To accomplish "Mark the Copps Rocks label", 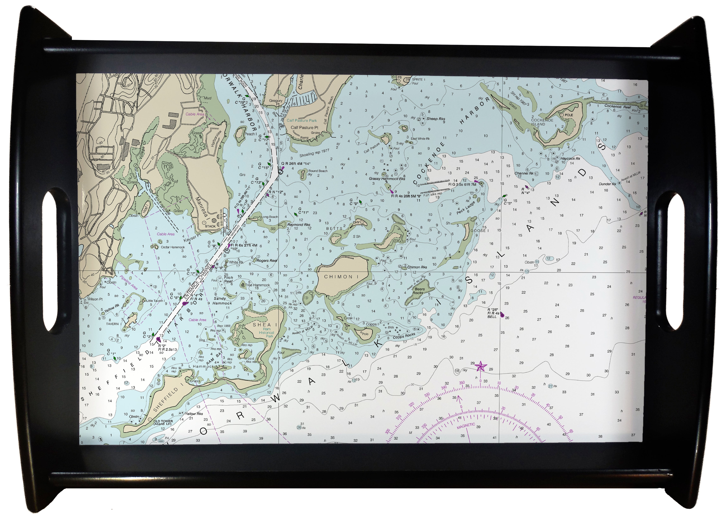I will tap(404, 336).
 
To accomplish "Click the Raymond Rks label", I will tap(299, 225).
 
